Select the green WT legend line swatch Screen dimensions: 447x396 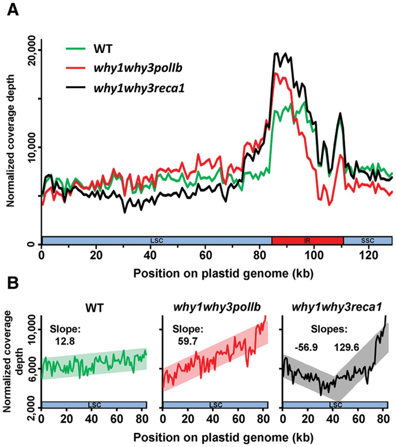click(75, 48)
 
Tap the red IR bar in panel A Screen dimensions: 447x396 click(308, 241)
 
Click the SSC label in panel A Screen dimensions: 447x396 click(368, 241)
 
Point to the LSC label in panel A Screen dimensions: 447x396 click(157, 241)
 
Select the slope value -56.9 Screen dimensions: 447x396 click(306, 347)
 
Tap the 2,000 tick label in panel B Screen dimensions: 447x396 click(33, 404)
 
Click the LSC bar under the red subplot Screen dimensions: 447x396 click(215, 405)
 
